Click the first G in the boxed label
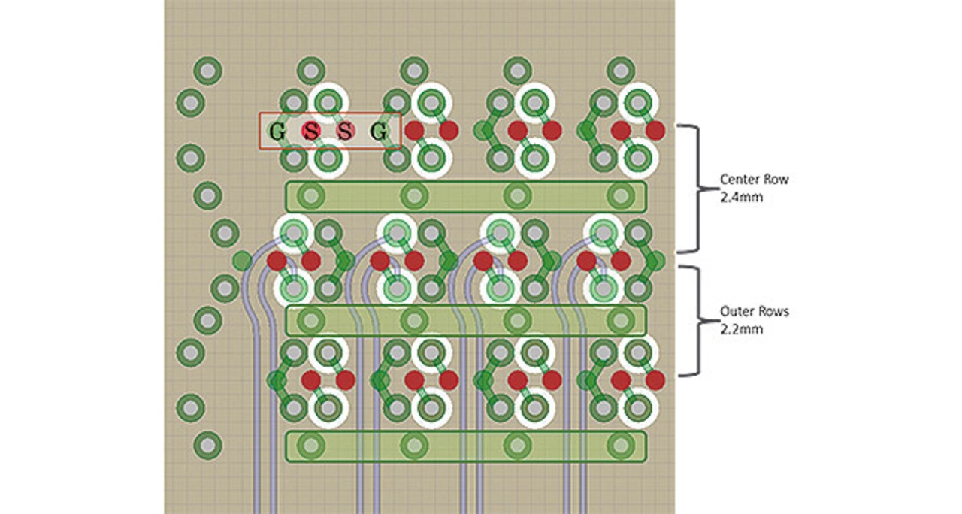coord(277,132)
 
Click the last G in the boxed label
coord(380,132)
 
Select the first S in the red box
coord(311,132)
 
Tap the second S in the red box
coord(345,132)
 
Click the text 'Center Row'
coord(755,180)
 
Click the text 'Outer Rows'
coord(755,311)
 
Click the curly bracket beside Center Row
coord(694,188)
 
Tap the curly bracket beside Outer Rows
coord(694,320)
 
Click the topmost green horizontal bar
coord(466,196)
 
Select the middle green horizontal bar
coord(466,321)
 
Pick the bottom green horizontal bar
coord(466,446)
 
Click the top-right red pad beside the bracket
coord(655,131)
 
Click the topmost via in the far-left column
coord(207,71)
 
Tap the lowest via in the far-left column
coord(207,445)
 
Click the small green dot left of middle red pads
coord(242,261)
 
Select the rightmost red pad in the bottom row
coord(655,380)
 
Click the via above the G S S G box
coord(310,71)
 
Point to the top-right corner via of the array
coord(620,71)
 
